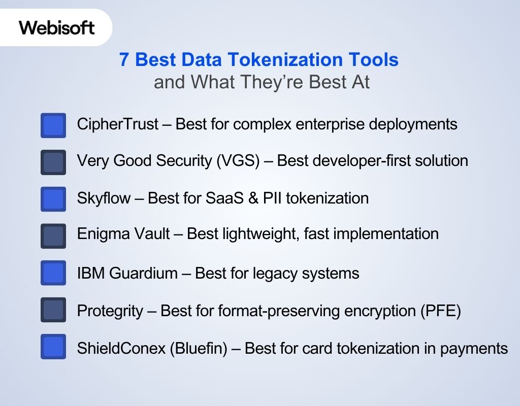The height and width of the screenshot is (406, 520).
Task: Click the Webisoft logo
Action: click(x=57, y=27)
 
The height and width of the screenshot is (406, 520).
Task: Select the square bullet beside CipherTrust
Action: click(x=53, y=125)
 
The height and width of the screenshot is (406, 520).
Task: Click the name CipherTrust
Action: click(x=118, y=124)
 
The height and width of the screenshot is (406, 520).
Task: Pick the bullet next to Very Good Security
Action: click(x=53, y=162)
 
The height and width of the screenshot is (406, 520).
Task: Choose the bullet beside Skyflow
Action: click(x=53, y=199)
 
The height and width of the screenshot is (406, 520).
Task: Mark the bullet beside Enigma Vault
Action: click(x=53, y=236)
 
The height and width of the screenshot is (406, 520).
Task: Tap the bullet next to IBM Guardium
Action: click(x=53, y=273)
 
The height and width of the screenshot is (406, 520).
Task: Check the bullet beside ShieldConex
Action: click(x=53, y=347)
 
